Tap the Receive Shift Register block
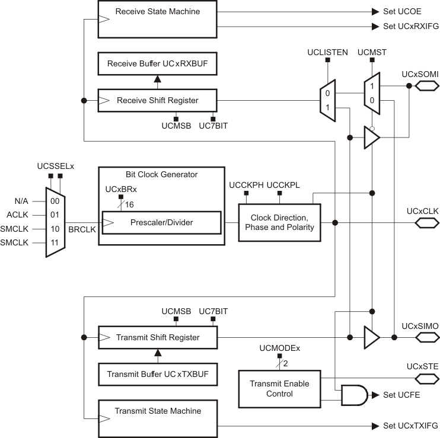[x=157, y=100]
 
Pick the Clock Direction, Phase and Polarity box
[x=279, y=222]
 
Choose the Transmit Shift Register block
[x=157, y=337]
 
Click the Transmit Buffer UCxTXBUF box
[x=157, y=374]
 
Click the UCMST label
[x=372, y=52]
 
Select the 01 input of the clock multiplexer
[x=55, y=215]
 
